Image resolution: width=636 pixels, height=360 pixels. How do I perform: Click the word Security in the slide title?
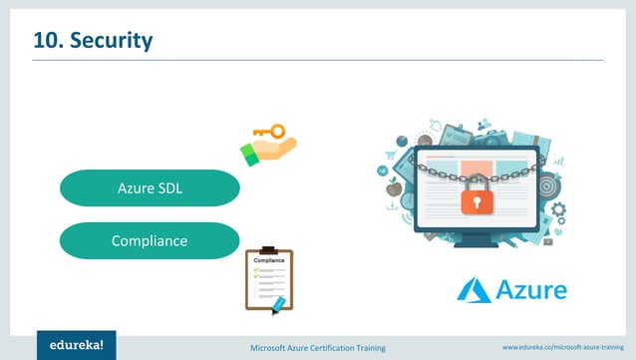[x=110, y=41]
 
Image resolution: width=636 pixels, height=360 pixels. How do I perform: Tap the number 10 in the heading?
[x=46, y=41]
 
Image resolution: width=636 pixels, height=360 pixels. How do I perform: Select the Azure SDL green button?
[x=150, y=187]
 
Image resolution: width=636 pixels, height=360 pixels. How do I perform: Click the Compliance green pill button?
[x=150, y=240]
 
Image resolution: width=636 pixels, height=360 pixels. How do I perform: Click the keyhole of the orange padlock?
[x=476, y=201]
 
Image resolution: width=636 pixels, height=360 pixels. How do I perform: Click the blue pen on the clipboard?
[x=277, y=300]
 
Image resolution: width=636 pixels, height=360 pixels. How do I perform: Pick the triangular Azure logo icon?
[x=475, y=290]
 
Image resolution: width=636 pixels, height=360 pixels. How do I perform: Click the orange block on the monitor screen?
[x=477, y=167]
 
